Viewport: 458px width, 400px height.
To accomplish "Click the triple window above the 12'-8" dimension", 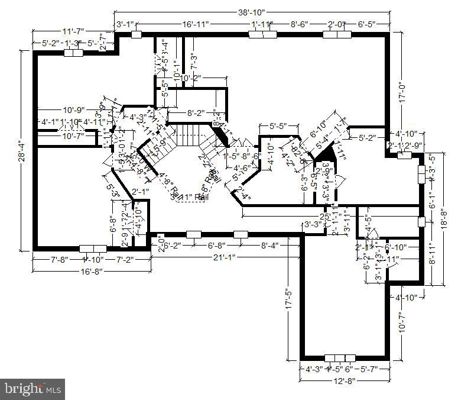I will tap(340, 358).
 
